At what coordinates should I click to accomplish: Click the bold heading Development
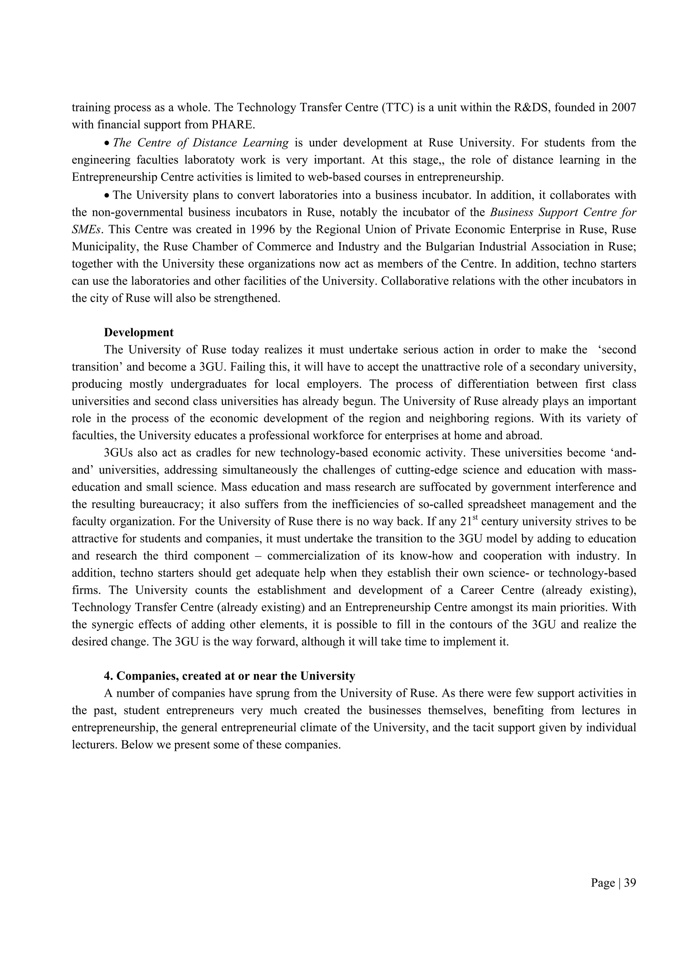tap(139, 333)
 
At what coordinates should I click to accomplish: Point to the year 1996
tap(265, 230)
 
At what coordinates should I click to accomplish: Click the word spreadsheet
tap(498, 505)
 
